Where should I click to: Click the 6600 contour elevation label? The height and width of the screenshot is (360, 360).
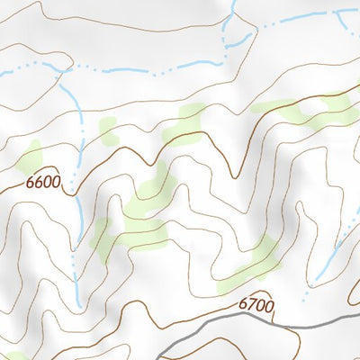43,183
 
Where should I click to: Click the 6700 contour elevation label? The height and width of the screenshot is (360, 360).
256,306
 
